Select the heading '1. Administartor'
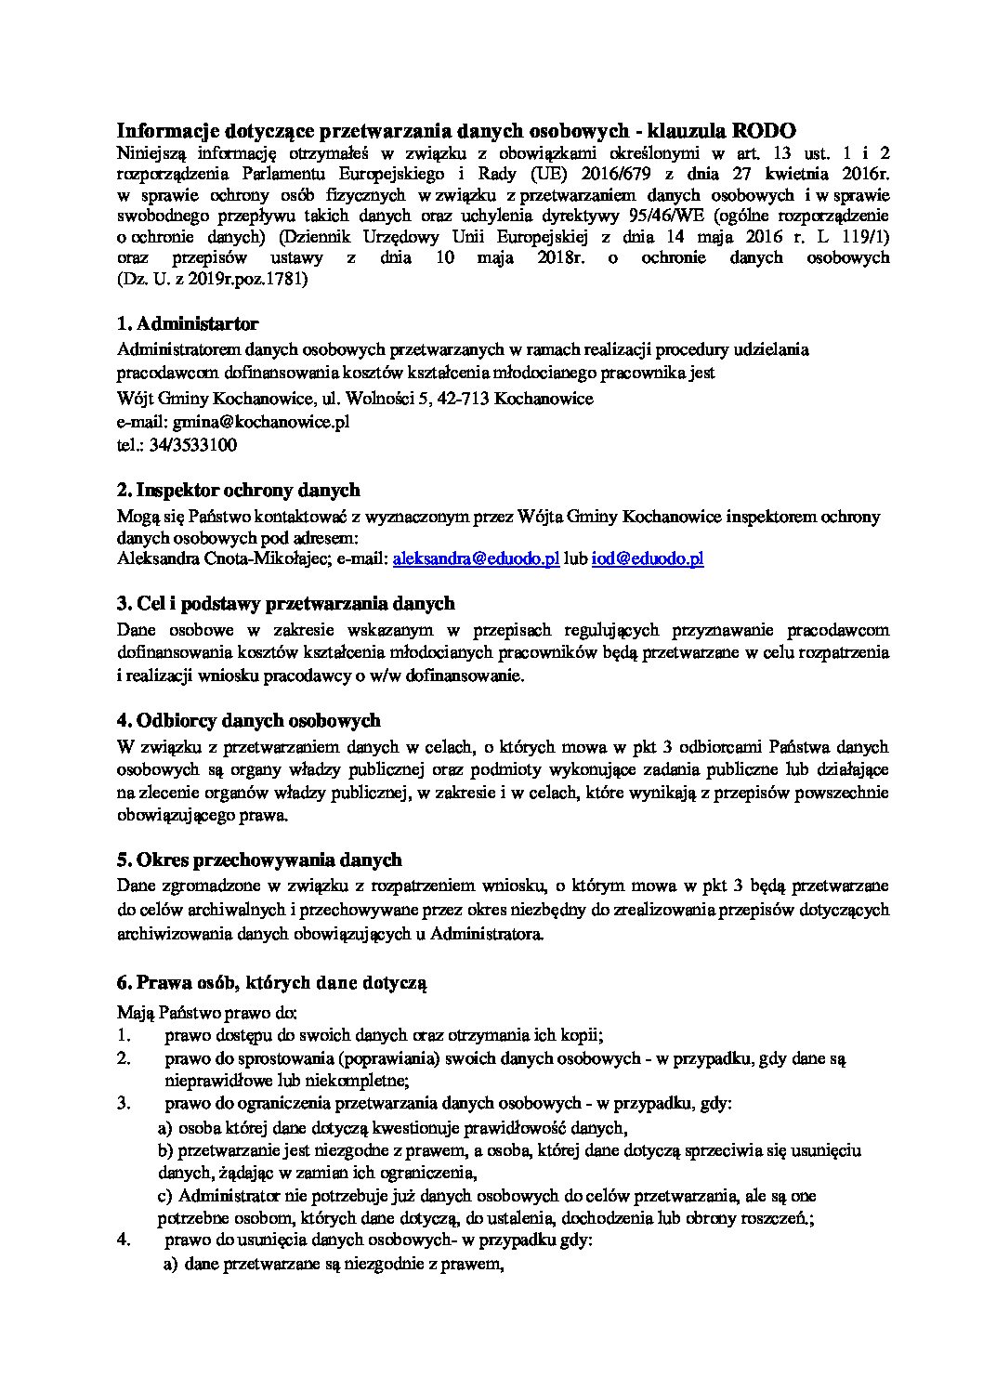188,323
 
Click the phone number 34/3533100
197,444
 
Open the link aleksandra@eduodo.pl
476,558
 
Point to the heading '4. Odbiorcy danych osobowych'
249,720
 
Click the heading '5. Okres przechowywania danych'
259,859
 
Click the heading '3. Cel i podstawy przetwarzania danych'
285,605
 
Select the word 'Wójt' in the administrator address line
137,398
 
